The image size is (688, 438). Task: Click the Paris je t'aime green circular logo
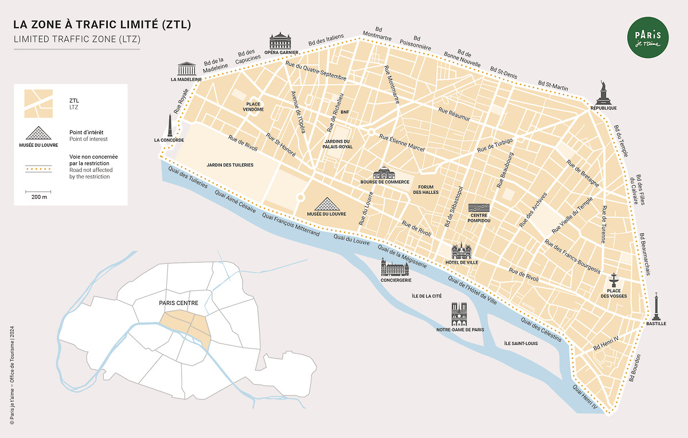(x=647, y=38)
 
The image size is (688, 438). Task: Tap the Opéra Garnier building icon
(x=281, y=41)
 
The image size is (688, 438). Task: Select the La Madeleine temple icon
(x=186, y=68)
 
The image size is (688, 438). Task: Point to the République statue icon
(x=603, y=92)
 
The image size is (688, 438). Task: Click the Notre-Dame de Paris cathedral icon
(x=460, y=314)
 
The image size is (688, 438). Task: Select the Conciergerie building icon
(x=394, y=267)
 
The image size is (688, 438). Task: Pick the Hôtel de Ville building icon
(x=462, y=251)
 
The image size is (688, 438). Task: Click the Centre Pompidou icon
(x=479, y=208)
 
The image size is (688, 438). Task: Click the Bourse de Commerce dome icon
(x=385, y=173)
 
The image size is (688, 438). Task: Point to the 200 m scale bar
(x=38, y=191)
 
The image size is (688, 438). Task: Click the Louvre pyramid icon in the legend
(x=38, y=133)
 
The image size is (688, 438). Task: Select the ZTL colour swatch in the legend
(x=38, y=103)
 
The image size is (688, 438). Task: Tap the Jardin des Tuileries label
(x=230, y=165)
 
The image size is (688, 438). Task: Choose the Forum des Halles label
(x=426, y=189)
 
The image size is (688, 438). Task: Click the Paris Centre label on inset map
(x=179, y=303)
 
